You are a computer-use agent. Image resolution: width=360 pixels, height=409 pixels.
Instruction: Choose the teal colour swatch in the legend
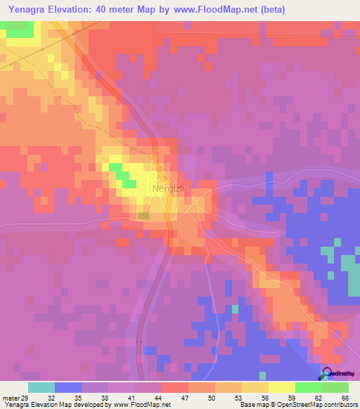pos(41,387)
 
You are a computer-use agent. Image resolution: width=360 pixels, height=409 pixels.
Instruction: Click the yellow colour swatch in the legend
pos(281,387)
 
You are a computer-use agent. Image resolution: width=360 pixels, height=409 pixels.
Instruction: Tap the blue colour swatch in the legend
pos(68,387)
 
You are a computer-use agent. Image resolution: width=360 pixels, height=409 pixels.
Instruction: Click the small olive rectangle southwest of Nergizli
pos(143,216)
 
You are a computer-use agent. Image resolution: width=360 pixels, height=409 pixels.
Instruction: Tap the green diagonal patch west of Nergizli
pos(124,175)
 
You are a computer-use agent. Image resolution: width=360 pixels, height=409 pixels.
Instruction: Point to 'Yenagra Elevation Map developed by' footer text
pos(51,404)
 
